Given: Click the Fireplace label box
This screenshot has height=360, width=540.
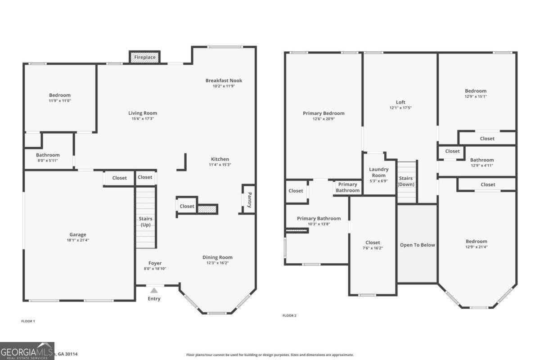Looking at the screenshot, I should point(144,57).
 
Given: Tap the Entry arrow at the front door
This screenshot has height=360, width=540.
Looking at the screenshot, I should point(154,290).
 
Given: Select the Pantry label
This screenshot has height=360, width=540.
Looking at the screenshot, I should point(248,200).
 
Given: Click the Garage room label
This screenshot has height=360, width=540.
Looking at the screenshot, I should point(77,234).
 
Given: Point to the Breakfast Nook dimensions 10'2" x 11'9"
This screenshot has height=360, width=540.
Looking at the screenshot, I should point(224,86).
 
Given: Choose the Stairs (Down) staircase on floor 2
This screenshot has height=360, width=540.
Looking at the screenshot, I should point(406,182).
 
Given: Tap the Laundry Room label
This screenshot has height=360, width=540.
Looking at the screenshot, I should point(378,172).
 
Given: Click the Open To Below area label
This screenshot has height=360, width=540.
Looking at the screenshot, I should point(417,245).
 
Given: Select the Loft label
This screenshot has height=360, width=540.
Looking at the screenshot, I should point(400,102).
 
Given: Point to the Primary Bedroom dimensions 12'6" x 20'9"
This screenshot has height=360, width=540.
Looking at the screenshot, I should point(324,119).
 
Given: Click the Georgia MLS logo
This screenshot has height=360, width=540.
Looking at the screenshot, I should point(27,351).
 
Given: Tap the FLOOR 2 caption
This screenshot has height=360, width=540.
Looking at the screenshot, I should point(289,315).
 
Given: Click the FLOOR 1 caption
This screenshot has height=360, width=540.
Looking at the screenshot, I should point(28,321).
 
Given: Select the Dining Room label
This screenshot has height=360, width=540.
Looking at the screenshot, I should point(217,257).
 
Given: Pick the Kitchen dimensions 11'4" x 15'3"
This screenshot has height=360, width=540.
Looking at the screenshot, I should point(220,165).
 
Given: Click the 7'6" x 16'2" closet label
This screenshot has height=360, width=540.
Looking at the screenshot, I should point(373,248).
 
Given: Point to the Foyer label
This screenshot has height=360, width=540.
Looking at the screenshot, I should point(155,263).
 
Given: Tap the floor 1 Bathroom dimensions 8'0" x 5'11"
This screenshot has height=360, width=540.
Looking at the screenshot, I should point(48,161).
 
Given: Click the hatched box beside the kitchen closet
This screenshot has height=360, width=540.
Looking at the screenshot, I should point(207,209).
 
